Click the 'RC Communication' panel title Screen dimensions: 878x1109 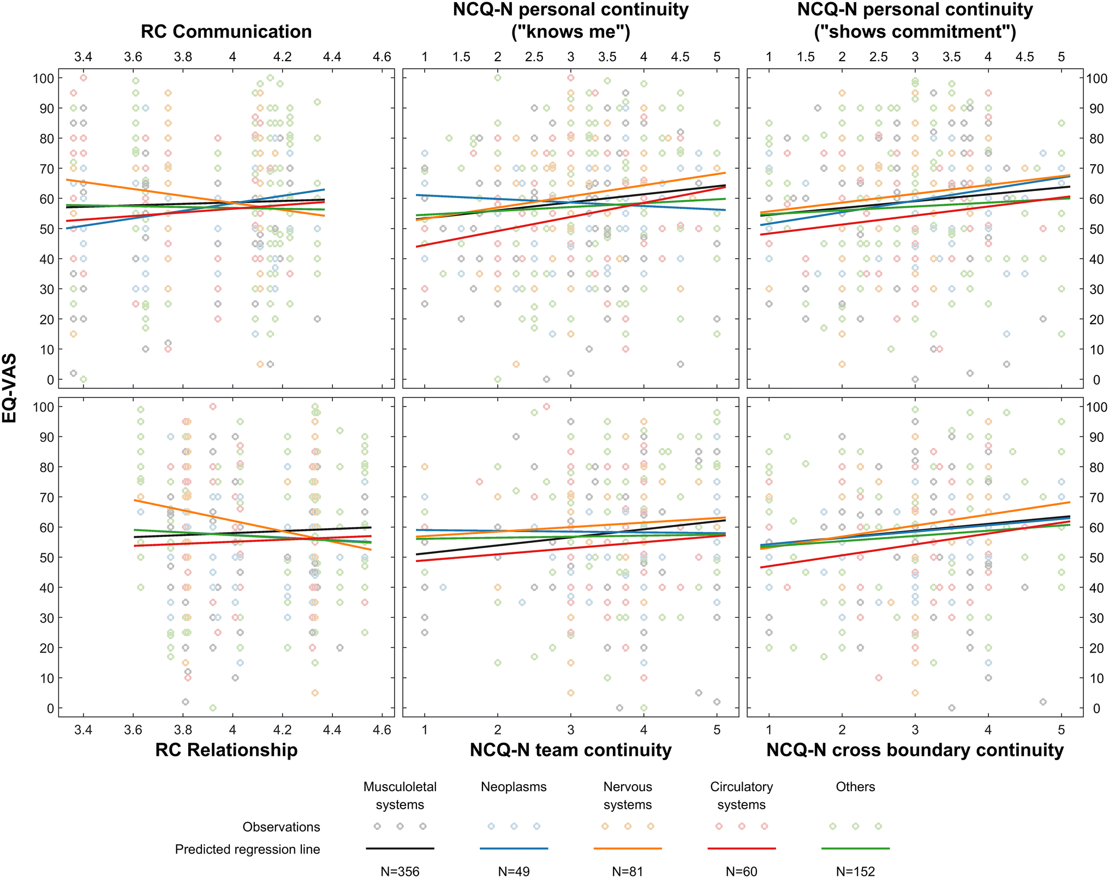[x=226, y=32]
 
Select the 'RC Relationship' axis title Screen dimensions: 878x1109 [x=226, y=750]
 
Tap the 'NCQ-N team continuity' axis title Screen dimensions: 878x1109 [x=570, y=750]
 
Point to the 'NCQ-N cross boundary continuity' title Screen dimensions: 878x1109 [x=915, y=750]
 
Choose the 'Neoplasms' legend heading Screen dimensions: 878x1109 [x=514, y=787]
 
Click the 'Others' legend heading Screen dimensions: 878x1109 [x=855, y=787]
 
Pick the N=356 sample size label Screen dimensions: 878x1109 [x=400, y=871]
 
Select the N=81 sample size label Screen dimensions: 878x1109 [x=628, y=871]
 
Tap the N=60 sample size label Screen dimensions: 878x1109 [x=741, y=871]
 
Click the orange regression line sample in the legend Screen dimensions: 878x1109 [x=628, y=849]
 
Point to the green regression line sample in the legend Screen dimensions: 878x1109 [x=855, y=849]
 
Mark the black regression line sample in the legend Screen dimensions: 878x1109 [x=400, y=849]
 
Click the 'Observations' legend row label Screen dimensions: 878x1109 [x=281, y=827]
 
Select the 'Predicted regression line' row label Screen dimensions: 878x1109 [x=247, y=849]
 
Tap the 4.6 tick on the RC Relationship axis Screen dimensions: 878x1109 [x=382, y=730]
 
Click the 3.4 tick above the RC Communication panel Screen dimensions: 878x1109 [x=83, y=57]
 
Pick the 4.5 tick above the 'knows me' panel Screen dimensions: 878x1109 [x=680, y=57]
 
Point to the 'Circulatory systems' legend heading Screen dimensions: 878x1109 [x=741, y=796]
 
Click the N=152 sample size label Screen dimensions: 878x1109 [x=855, y=871]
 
